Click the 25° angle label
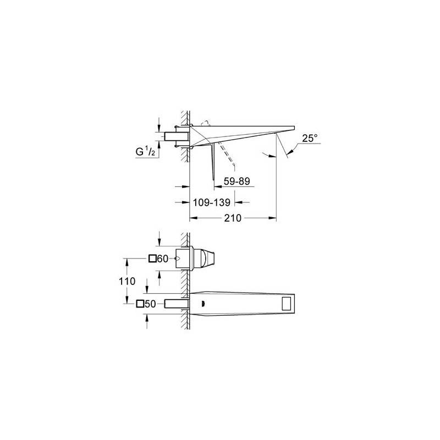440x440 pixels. (310, 138)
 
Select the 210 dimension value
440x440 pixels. (233, 218)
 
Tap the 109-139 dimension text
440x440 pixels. (212, 202)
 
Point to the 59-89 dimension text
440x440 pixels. (237, 182)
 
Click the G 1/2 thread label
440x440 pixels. (145, 152)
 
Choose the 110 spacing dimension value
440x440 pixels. (127, 281)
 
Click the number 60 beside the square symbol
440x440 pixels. (162, 258)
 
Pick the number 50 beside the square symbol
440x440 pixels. (150, 304)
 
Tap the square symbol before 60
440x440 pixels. (152, 258)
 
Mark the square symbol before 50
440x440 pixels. (140, 304)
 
